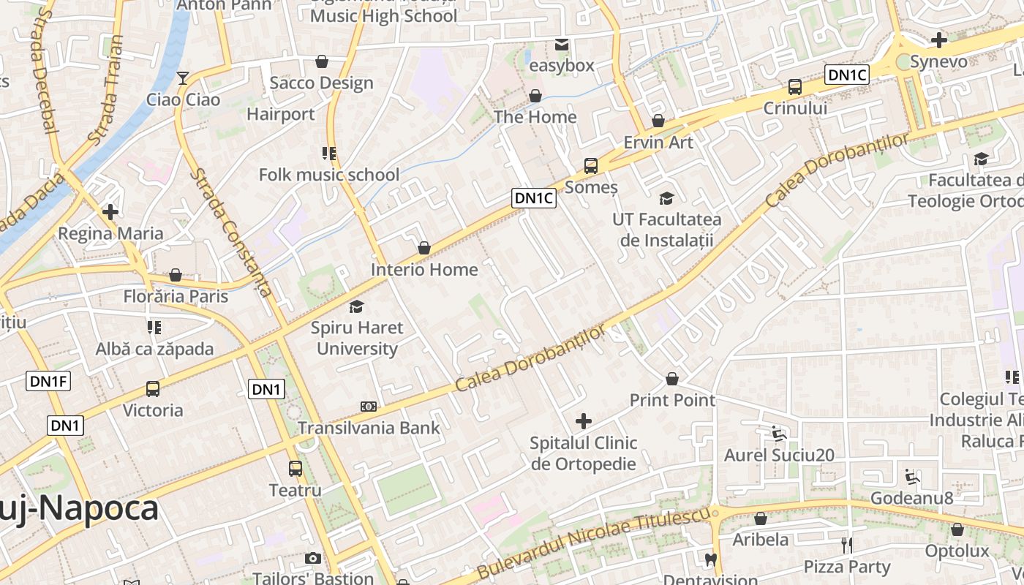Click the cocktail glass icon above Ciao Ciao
[183, 78]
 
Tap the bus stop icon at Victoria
[153, 389]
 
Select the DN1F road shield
[48, 381]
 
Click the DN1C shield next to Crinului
[847, 74]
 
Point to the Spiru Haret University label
[357, 338]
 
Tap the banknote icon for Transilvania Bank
[369, 406]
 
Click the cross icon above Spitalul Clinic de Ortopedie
[584, 421]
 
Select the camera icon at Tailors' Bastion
[313, 558]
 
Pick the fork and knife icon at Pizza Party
[847, 545]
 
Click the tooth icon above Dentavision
[709, 561]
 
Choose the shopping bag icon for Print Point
[672, 379]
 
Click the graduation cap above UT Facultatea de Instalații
[666, 197]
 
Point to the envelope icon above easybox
[561, 45]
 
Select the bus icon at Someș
[591, 166]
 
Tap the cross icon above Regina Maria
[110, 212]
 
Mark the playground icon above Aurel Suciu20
[779, 434]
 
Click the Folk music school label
[329, 175]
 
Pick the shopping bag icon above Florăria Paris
[176, 275]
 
